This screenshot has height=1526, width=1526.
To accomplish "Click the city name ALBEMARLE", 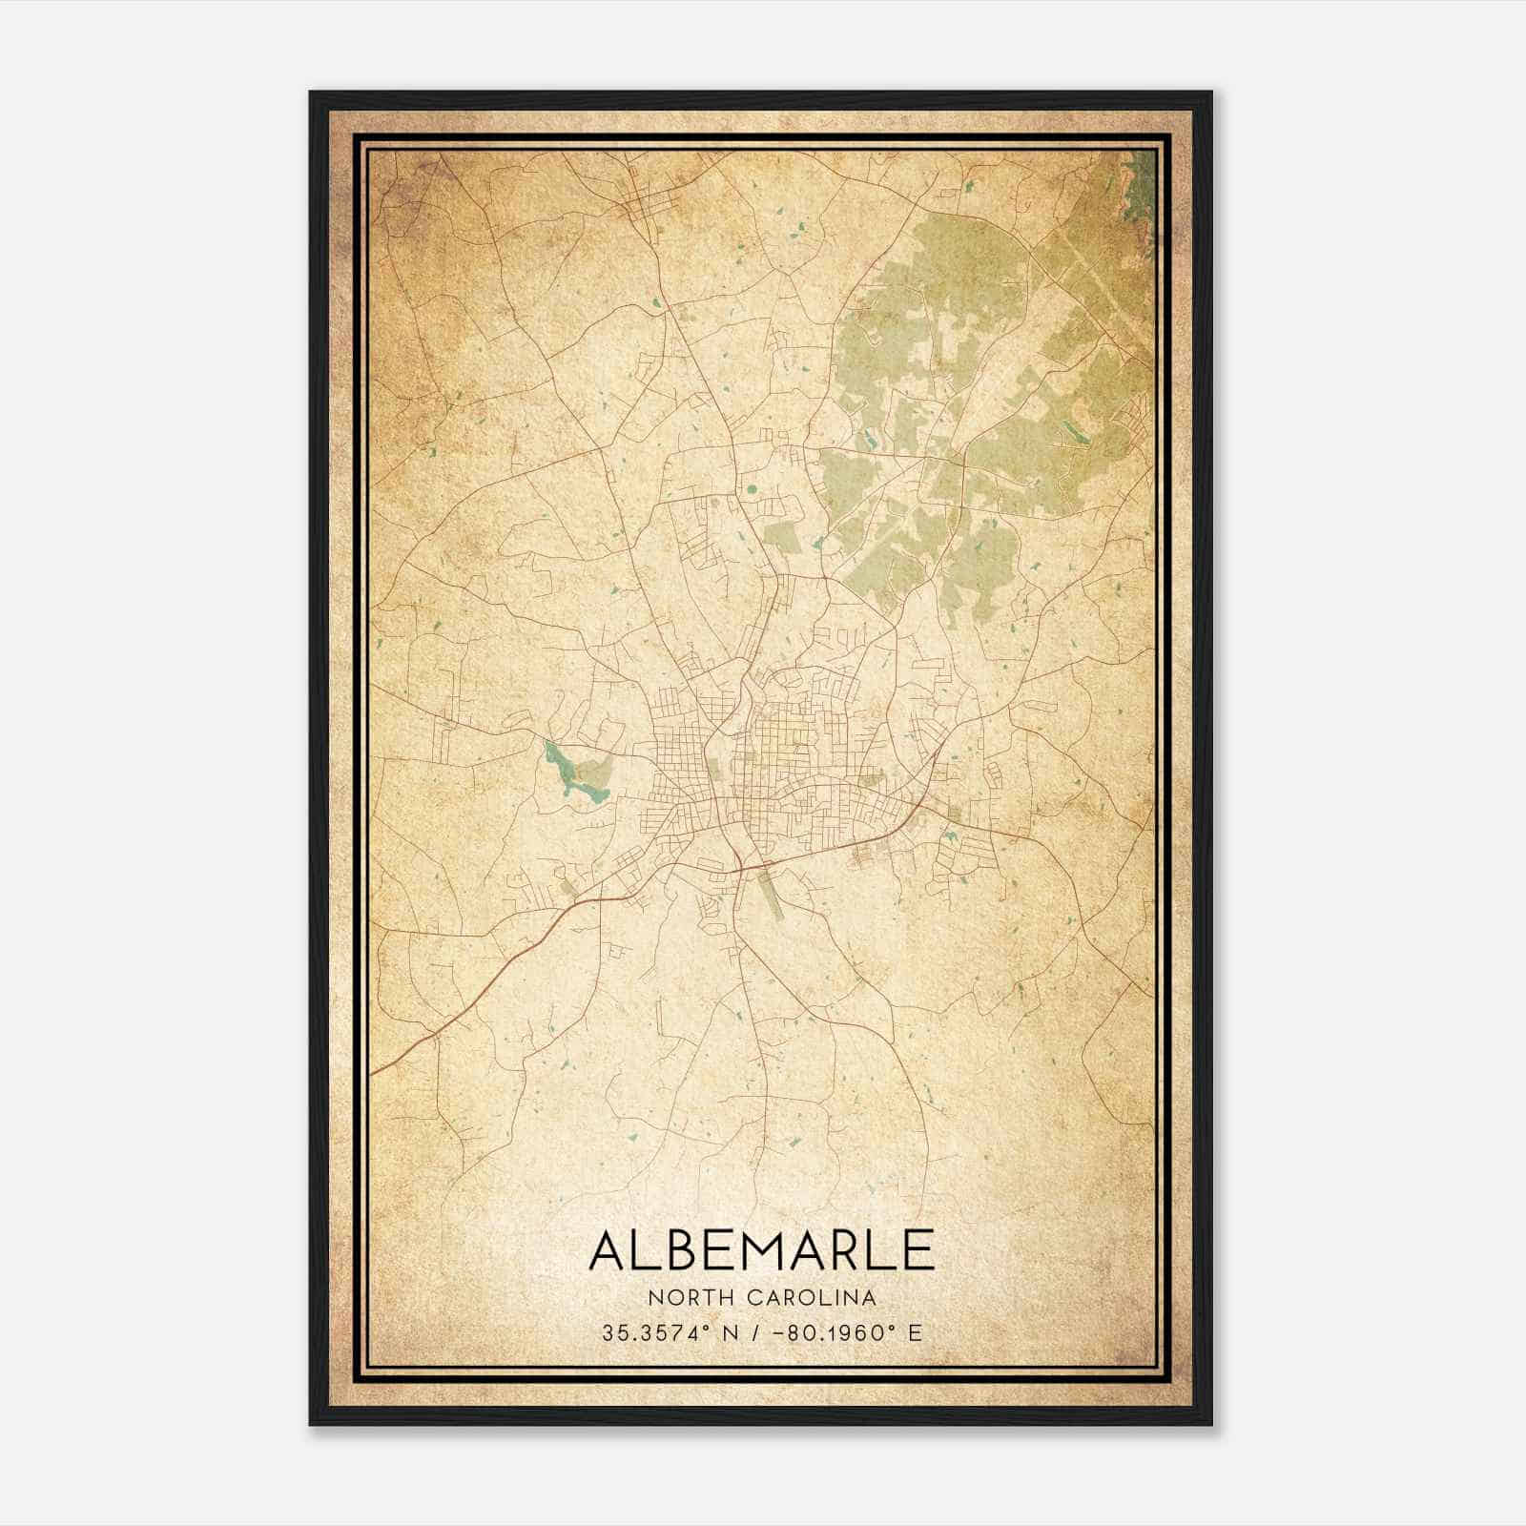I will click(x=761, y=1250).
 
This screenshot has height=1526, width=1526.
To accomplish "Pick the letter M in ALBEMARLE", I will click(x=759, y=1250).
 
